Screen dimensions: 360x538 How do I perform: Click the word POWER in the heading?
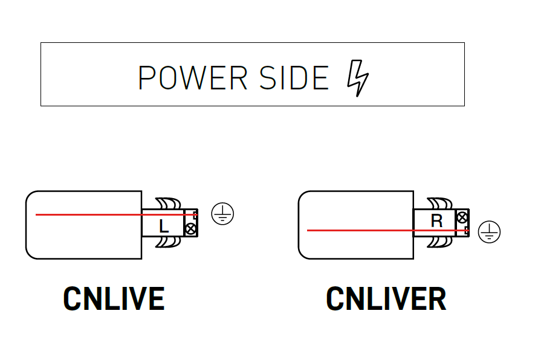coord(193,77)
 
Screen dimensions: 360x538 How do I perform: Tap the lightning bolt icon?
coord(357,79)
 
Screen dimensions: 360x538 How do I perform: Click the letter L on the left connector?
coord(163,227)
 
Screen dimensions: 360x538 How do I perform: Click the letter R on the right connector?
coord(436,220)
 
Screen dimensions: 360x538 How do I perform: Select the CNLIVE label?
coord(114,298)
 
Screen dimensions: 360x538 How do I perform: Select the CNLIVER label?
coord(386,298)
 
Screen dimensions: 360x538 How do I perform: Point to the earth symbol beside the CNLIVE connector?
coord(222,214)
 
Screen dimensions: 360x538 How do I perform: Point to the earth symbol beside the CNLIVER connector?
coord(489,232)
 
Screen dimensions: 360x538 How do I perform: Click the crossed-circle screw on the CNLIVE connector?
coord(190,228)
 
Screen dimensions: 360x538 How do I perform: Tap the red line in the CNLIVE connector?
coord(91,214)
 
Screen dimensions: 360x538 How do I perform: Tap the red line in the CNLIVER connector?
coord(363,230)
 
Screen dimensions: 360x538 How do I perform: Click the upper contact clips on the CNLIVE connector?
coord(167,203)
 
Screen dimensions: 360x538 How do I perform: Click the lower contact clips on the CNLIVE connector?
coord(167,242)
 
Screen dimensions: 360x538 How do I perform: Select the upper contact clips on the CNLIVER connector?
coord(439,203)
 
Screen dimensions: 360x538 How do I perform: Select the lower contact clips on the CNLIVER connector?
coord(439,242)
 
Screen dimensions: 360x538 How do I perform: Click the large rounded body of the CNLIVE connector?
coord(83,236)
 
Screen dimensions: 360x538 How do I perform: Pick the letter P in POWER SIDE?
coord(145,77)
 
